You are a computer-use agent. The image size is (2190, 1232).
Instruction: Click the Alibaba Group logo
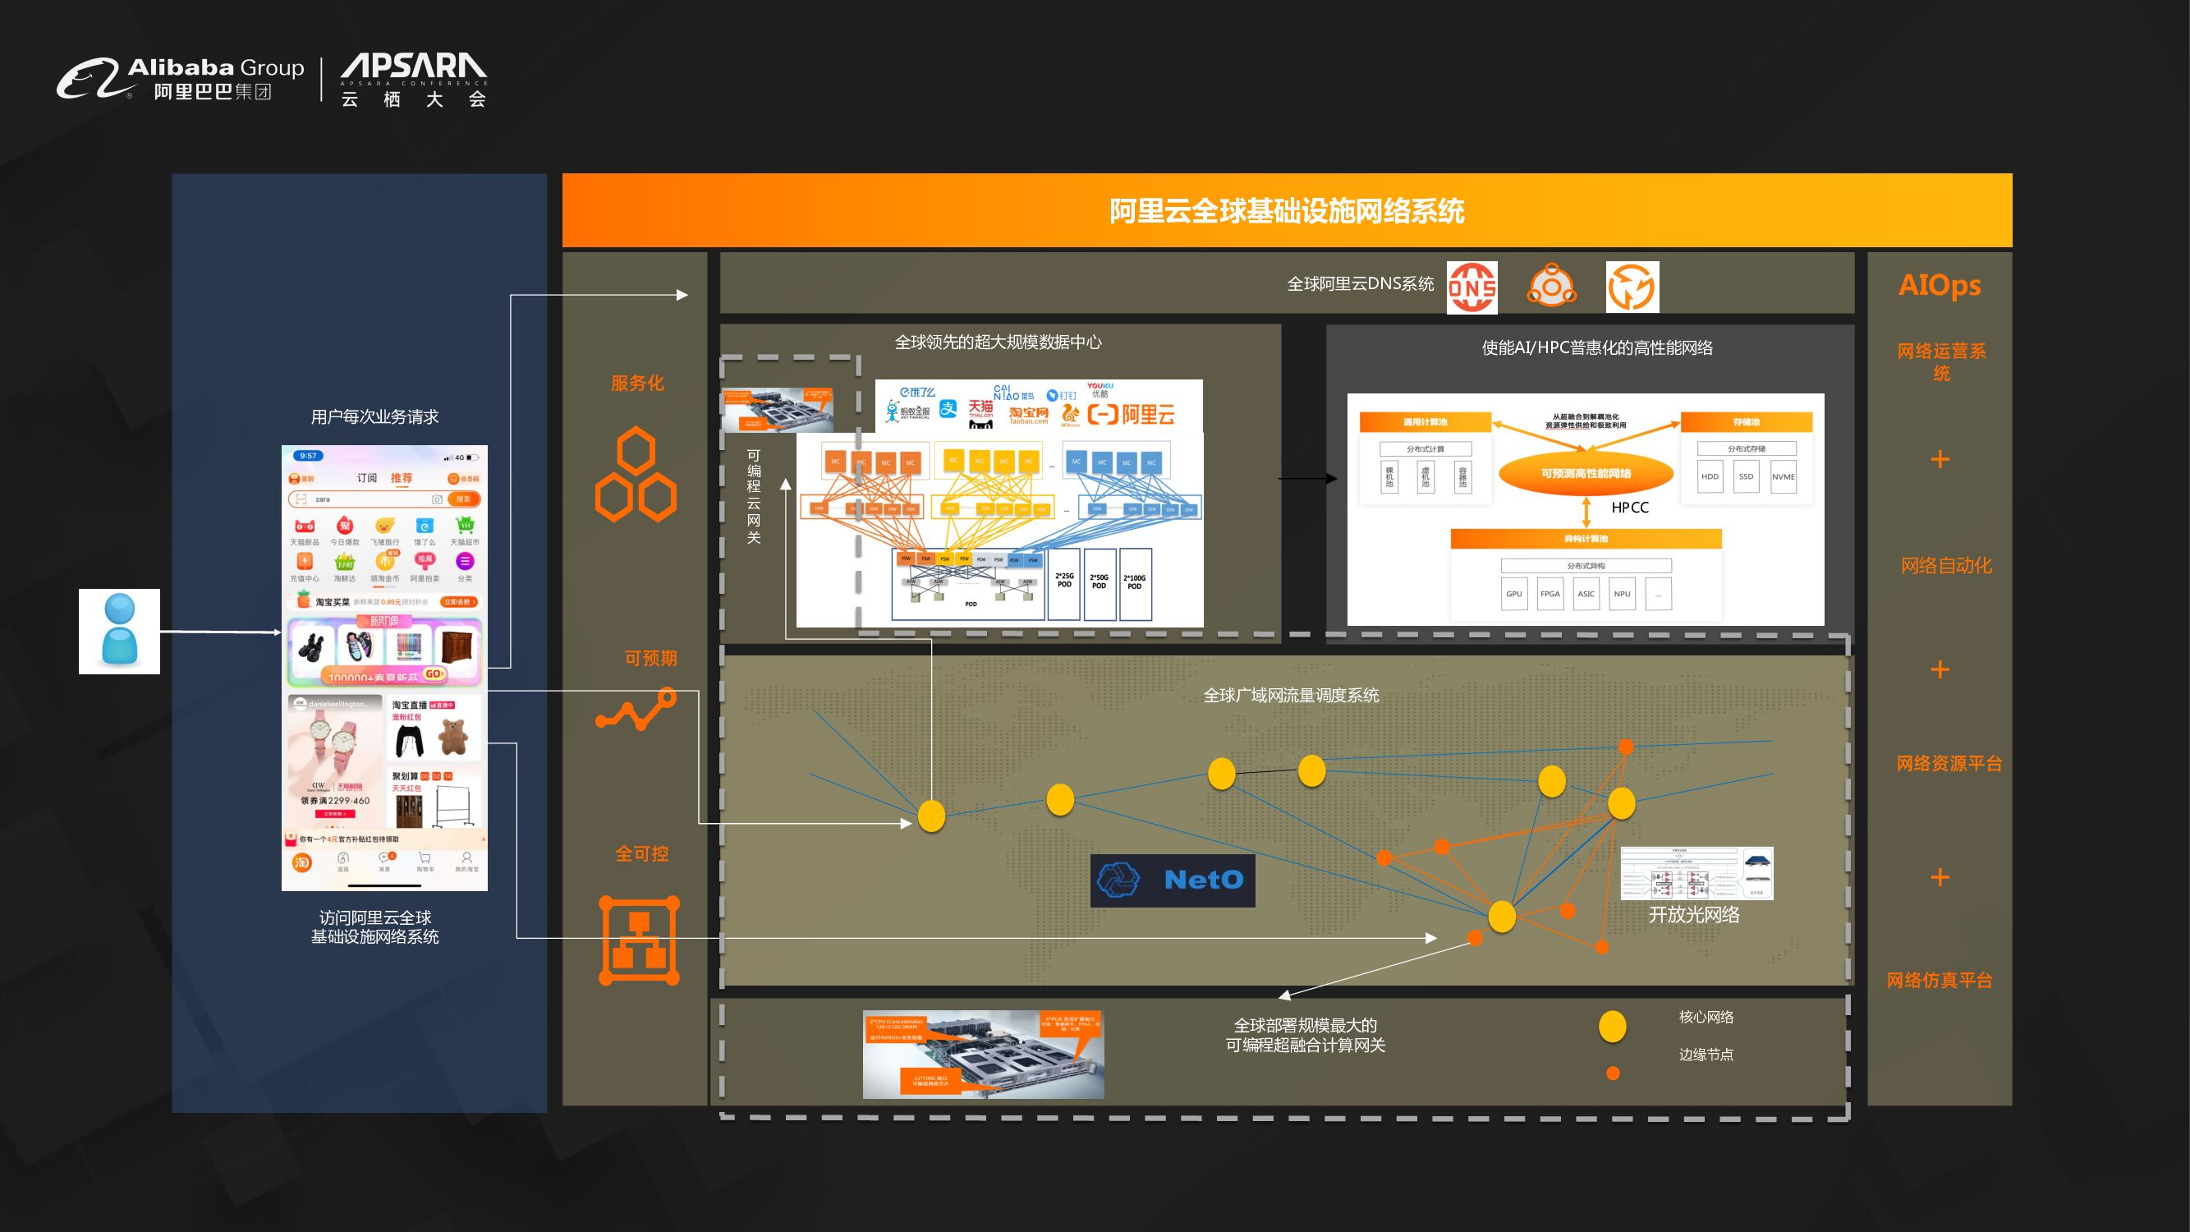[x=180, y=78]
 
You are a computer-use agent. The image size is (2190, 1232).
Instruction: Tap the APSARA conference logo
[x=413, y=80]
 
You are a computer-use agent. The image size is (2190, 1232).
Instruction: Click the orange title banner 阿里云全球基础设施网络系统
[x=1286, y=211]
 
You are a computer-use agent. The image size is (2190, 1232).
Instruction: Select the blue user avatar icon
[x=119, y=631]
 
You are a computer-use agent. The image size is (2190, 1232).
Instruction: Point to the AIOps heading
[x=1940, y=285]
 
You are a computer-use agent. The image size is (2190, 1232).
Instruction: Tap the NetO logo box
[x=1173, y=880]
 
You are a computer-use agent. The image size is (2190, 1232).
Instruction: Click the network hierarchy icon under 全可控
[x=640, y=940]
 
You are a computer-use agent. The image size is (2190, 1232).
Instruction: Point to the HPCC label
[x=1630, y=508]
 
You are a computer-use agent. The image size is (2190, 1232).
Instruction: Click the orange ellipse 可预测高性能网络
[x=1586, y=474]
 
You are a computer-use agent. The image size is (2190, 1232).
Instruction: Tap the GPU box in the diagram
[x=1513, y=594]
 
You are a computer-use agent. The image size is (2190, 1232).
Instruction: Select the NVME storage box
[x=1783, y=477]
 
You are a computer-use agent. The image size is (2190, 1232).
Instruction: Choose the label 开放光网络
[x=1693, y=915]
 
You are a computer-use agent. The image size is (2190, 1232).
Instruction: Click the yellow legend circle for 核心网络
[x=1612, y=1026]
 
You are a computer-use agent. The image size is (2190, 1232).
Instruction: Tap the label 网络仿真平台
[x=1940, y=981]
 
